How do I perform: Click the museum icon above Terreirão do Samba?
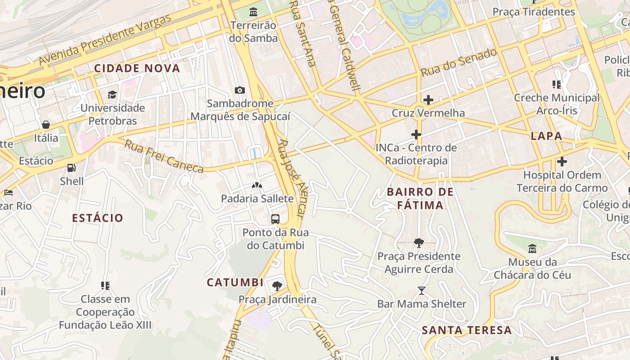(253, 12)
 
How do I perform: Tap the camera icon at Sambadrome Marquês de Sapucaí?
(240, 90)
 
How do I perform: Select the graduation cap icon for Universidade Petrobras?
(112, 94)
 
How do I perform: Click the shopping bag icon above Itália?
(45, 125)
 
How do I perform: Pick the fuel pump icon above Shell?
(71, 168)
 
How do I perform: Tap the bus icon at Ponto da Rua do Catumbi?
(275, 219)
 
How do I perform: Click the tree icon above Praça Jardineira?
(277, 286)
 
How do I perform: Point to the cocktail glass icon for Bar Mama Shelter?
(421, 291)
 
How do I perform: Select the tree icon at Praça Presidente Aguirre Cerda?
(418, 243)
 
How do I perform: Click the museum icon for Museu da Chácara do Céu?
(532, 248)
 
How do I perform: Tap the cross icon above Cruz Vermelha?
(428, 99)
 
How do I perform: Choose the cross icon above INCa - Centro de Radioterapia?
(416, 134)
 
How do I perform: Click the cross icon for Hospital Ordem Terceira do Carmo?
(562, 161)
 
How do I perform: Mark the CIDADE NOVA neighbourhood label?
(137, 68)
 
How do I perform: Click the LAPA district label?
(546, 136)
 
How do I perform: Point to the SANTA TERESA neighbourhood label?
(467, 330)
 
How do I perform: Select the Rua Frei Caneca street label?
(164, 156)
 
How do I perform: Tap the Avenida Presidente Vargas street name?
(105, 39)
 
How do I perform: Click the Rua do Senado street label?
(459, 63)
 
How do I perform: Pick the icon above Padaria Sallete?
(256, 185)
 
